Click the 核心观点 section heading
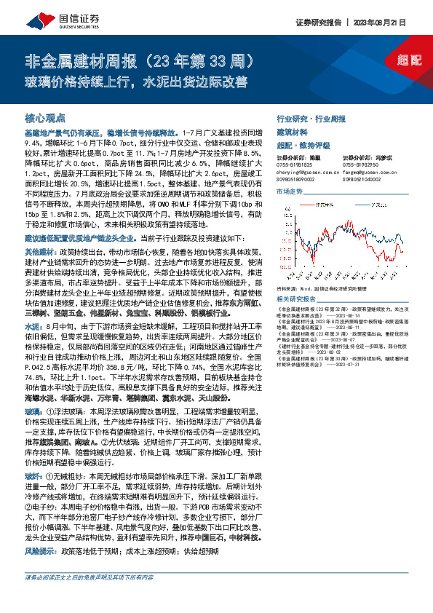coord(45,116)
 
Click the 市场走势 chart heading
coord(290,191)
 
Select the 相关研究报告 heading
coord(296,299)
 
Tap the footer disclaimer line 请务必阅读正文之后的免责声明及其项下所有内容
coord(89,597)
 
